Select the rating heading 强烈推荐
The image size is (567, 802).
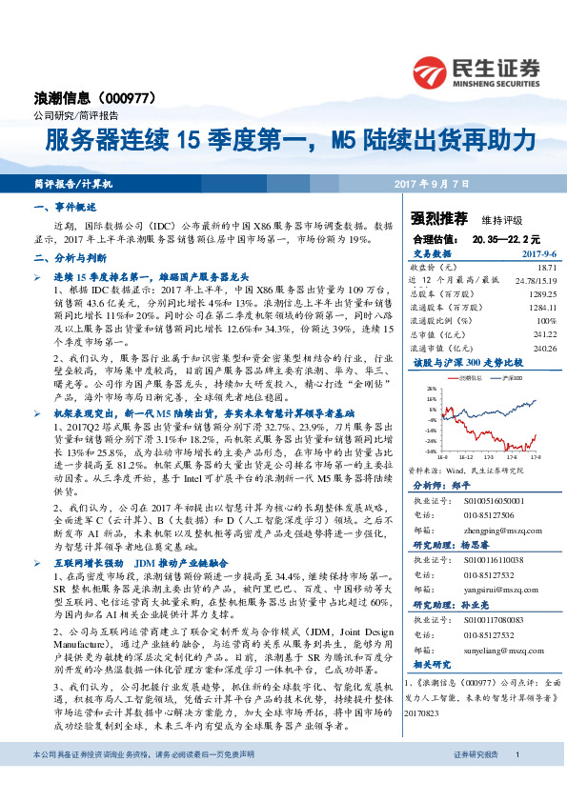point(425,217)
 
